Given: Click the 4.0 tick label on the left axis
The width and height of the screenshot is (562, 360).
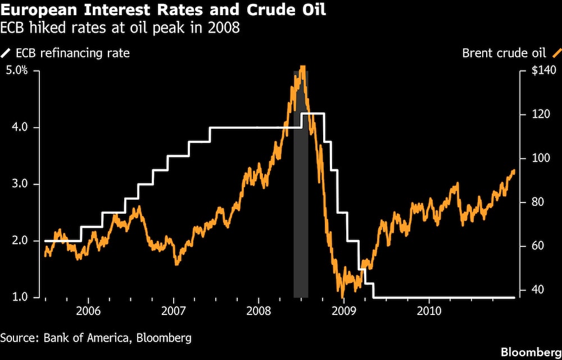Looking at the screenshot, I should tap(20, 128).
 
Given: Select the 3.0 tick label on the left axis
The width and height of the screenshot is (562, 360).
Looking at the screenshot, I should tap(20, 184).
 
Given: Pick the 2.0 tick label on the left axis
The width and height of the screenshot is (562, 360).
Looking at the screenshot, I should tap(20, 241).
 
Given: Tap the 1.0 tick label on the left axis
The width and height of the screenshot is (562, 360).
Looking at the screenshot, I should tap(20, 298).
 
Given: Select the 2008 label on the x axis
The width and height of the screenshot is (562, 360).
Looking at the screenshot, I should tap(259, 310).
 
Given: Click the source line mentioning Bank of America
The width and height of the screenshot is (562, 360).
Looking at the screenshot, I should tap(96, 338).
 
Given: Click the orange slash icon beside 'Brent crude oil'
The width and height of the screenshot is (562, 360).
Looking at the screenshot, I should tap(556, 54).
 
